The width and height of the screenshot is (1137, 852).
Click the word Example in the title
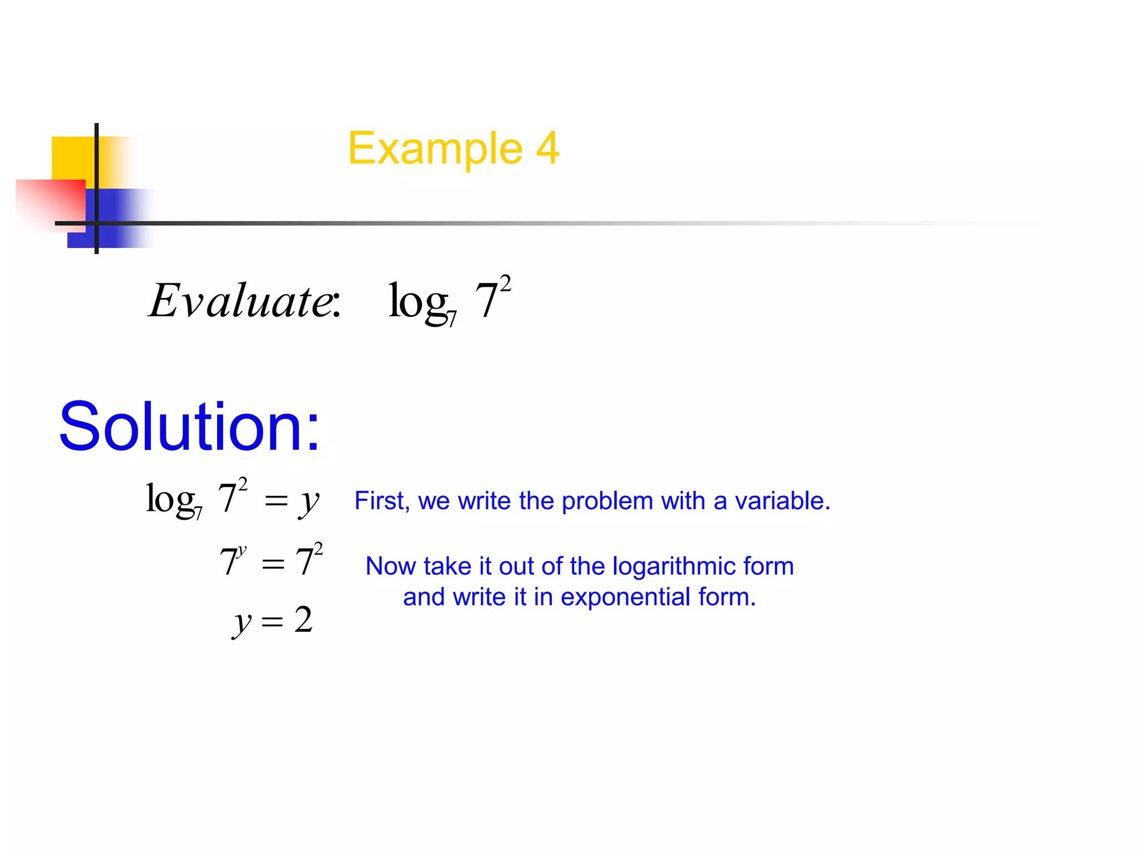pos(435,149)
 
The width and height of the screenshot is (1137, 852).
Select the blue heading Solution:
pos(189,427)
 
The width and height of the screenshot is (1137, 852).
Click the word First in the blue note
pos(381,501)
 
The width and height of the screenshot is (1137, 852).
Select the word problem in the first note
pos(608,501)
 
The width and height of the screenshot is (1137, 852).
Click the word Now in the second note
pos(390,566)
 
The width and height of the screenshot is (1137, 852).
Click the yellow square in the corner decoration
pos(73,158)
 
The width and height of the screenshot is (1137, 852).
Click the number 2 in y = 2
pos(303,620)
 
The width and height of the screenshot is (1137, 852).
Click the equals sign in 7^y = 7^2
pos(273,565)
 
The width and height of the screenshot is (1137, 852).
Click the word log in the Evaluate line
pos(417,301)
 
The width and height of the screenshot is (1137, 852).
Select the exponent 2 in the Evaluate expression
pos(505,284)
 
